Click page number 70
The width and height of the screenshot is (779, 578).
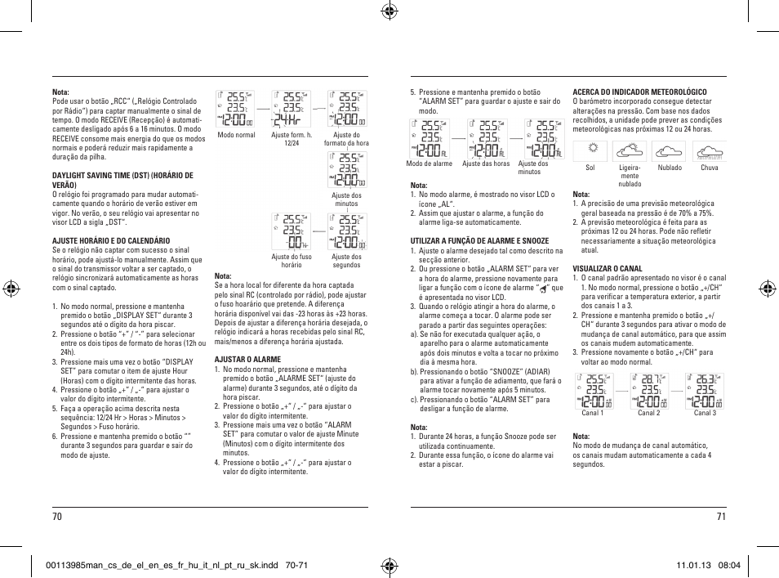(x=57, y=516)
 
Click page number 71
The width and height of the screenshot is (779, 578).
(x=721, y=516)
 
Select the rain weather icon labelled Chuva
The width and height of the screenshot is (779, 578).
(x=710, y=151)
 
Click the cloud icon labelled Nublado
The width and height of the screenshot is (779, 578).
(x=670, y=151)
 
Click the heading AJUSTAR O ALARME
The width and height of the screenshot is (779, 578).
(x=247, y=360)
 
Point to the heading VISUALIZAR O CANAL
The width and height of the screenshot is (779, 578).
(x=607, y=269)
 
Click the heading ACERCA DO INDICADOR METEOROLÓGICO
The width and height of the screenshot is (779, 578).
(x=639, y=92)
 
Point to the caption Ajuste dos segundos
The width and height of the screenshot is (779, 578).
(x=347, y=261)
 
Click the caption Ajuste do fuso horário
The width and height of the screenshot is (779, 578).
(x=292, y=261)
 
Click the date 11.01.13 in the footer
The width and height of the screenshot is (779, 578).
(x=693, y=565)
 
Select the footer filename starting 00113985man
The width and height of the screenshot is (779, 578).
(x=155, y=565)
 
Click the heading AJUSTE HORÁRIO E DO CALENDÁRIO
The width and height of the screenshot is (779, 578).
(x=111, y=240)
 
